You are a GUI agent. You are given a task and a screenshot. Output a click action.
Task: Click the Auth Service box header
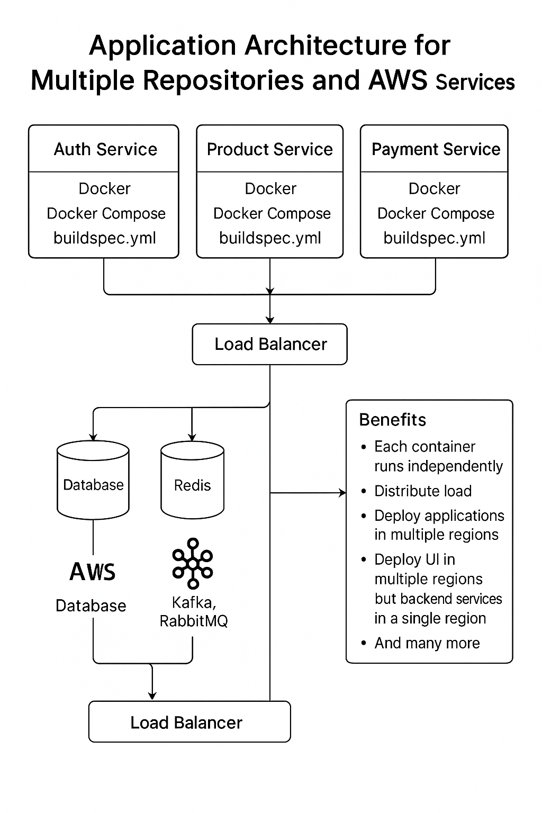coord(105,149)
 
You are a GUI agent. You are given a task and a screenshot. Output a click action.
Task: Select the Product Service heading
coord(269,149)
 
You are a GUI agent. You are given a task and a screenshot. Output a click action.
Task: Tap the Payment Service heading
coord(435,149)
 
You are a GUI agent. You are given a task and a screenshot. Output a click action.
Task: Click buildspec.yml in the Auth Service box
coord(105,238)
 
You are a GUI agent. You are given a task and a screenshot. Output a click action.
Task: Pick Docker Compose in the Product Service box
coord(272,213)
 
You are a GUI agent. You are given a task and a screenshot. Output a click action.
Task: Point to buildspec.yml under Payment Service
coord(434,238)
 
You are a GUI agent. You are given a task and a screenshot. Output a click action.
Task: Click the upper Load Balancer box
coord(270,344)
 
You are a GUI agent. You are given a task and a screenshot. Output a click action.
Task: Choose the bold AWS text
coord(93,572)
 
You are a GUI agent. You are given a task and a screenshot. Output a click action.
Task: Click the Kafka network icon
coord(193,564)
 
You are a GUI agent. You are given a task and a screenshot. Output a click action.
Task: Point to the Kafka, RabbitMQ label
coord(193,611)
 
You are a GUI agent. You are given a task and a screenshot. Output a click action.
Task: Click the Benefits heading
coord(392,419)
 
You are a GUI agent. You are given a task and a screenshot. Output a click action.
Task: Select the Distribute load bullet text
coord(422,491)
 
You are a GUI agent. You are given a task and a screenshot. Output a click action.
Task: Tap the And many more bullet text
coord(427,643)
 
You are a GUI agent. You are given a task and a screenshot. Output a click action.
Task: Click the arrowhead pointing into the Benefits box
coord(342,493)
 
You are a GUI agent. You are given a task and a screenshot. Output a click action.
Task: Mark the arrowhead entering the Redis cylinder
coord(192,437)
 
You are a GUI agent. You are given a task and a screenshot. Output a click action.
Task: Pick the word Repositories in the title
coord(223,80)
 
